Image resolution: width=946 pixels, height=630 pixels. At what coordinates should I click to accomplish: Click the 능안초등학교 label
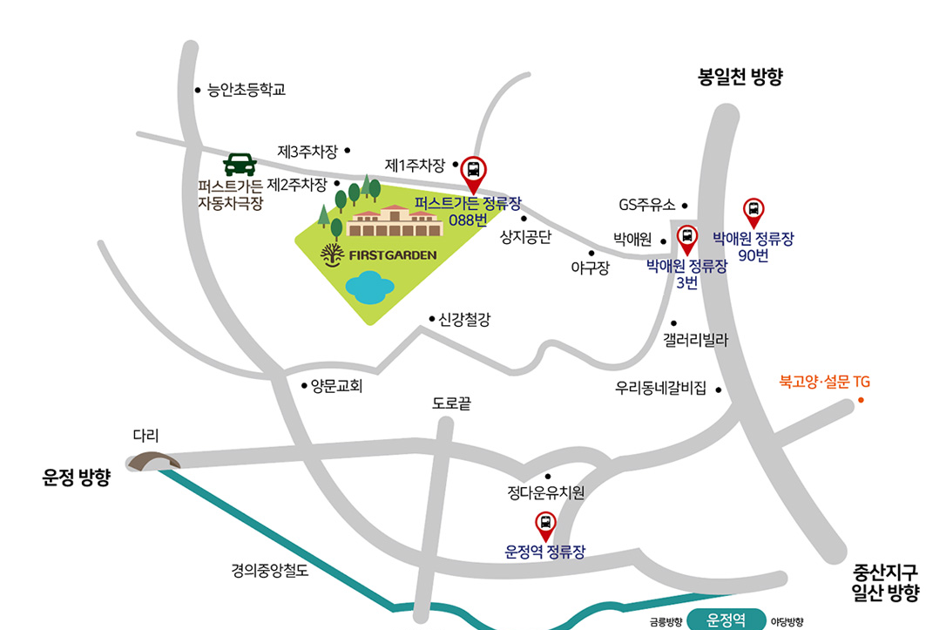click(x=247, y=90)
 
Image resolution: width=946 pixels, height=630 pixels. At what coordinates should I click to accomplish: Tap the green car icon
click(x=240, y=164)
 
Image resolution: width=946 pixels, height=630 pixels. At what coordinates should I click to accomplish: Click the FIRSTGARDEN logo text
click(x=391, y=255)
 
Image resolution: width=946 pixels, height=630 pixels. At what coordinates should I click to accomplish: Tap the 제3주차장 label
click(x=307, y=151)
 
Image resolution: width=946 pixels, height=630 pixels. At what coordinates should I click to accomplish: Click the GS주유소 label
click(x=646, y=206)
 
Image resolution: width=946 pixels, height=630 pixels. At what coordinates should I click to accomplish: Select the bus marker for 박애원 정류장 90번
click(x=753, y=210)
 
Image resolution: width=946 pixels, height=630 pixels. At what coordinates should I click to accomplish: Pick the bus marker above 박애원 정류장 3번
click(x=686, y=236)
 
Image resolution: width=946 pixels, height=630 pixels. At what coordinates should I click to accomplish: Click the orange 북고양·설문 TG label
click(x=824, y=382)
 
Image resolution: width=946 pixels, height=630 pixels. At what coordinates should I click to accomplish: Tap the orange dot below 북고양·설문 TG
click(x=861, y=400)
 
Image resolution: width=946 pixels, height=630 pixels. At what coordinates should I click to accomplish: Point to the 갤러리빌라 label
click(x=694, y=339)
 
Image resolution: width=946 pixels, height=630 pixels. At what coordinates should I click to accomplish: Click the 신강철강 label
click(x=464, y=320)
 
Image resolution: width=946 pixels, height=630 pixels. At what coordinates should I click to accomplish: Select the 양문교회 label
click(x=336, y=385)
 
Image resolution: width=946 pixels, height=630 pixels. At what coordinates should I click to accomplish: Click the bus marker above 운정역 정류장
click(x=545, y=524)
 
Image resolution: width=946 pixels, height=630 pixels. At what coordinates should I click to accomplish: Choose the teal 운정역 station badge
click(x=726, y=620)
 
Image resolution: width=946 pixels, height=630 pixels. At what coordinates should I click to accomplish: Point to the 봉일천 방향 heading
click(x=740, y=77)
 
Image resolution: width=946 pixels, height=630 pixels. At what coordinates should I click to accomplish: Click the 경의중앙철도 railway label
click(x=270, y=572)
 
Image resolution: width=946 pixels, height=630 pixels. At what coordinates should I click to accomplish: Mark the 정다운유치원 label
click(x=546, y=493)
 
